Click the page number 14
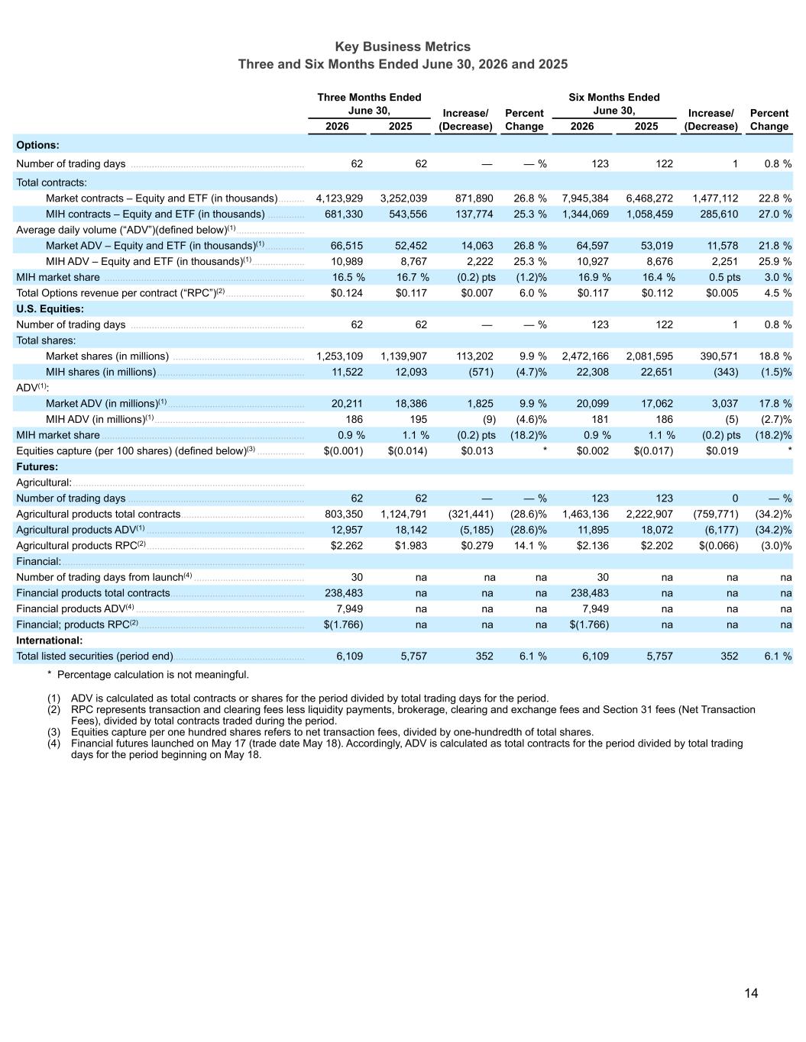[x=751, y=993]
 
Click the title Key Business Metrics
[x=403, y=47]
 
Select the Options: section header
[x=38, y=145]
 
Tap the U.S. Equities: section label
[x=50, y=309]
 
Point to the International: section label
[x=50, y=640]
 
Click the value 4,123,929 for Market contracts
[x=339, y=198]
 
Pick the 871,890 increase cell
[x=474, y=198]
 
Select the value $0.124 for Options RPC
[x=346, y=293]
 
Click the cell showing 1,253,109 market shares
[x=339, y=356]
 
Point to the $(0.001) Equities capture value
[x=344, y=450]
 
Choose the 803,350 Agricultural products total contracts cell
[x=344, y=514]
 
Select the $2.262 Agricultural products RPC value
[x=346, y=546]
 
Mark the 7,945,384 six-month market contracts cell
[x=585, y=198]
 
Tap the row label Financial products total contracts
[x=93, y=593]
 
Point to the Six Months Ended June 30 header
[x=614, y=104]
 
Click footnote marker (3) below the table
[x=53, y=732]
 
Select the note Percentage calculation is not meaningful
[x=153, y=675]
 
